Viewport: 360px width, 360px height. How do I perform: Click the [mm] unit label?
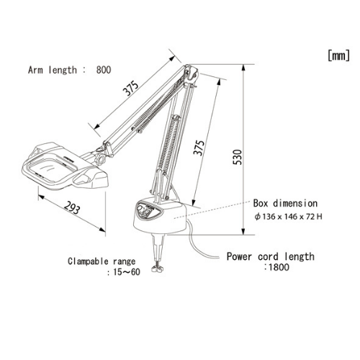pos(338,55)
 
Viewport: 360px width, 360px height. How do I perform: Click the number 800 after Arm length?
pos(104,70)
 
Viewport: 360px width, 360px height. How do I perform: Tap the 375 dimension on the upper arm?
pos(131,89)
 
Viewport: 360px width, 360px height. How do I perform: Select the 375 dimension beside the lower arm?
pos(199,148)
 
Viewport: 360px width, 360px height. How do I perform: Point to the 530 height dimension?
pos(238,157)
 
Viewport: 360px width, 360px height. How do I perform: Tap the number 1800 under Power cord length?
pos(279,267)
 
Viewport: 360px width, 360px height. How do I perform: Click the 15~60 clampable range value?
pos(127,272)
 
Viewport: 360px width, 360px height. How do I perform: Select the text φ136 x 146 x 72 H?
pos(288,217)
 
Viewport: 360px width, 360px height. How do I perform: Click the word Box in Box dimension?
pos(261,204)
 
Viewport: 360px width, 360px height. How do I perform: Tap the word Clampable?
pos(88,261)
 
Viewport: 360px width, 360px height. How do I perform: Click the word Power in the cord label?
pos(239,256)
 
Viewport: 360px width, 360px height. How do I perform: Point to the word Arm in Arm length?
pos(35,70)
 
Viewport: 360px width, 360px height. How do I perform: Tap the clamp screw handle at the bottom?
pos(158,269)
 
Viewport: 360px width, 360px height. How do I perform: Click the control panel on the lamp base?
pos(149,210)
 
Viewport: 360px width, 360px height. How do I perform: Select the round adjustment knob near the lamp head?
pos(100,159)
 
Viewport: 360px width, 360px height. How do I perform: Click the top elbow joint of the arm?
pos(191,73)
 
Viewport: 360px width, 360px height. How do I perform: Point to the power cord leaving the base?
pos(197,245)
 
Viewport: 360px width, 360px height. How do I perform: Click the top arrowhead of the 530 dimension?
pos(243,68)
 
